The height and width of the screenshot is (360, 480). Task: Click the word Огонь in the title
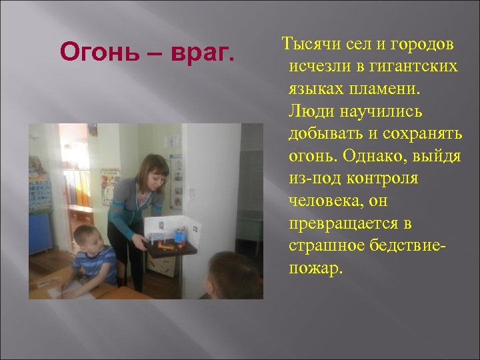pyautogui.click(x=87, y=51)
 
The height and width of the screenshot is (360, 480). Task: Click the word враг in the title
pyautogui.click(x=203, y=51)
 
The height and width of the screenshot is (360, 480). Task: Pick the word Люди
pyautogui.click(x=308, y=111)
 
